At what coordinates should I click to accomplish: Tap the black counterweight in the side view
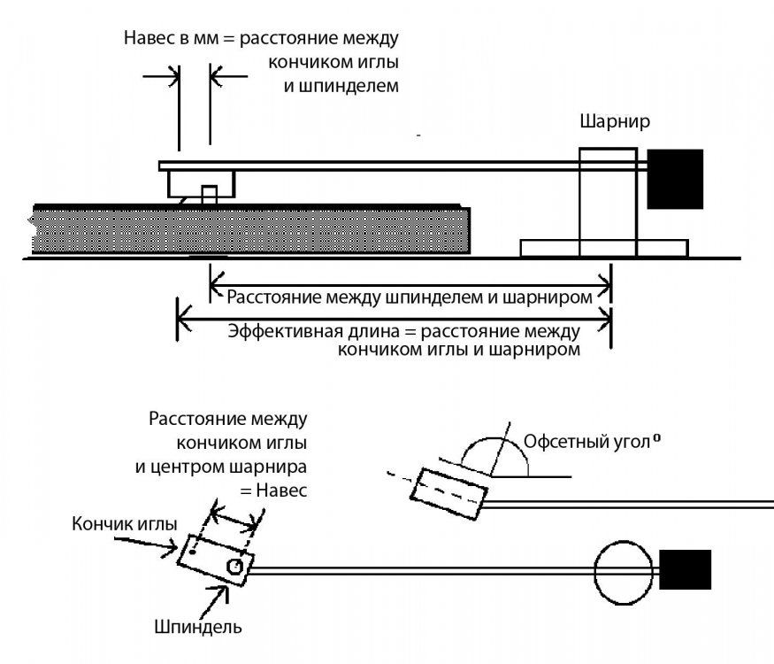pyautogui.click(x=675, y=179)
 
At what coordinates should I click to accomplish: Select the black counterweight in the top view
pyautogui.click(x=685, y=569)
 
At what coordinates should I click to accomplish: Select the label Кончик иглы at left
pyautogui.click(x=124, y=522)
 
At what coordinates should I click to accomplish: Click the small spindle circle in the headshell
pyautogui.click(x=234, y=566)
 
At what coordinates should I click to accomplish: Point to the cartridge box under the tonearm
pyautogui.click(x=202, y=184)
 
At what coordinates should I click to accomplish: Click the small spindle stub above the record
pyautogui.click(x=210, y=195)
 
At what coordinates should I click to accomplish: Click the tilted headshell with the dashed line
pyautogui.click(x=450, y=492)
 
